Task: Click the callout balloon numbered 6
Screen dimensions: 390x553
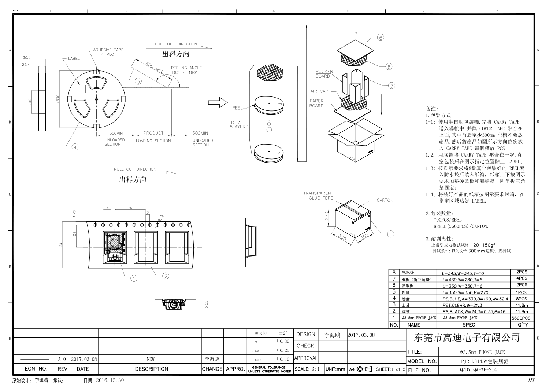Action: point(381,37)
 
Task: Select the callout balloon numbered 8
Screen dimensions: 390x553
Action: point(389,66)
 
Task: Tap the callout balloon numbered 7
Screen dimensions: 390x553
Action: point(392,85)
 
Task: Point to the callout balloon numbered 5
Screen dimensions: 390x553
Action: point(391,234)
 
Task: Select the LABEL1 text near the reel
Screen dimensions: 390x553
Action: point(75,59)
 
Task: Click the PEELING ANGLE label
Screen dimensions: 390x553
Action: point(186,68)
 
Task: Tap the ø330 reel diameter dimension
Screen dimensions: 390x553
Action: point(58,99)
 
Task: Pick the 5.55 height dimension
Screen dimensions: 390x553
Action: point(206,305)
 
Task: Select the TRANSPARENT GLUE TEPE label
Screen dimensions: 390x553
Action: point(318,196)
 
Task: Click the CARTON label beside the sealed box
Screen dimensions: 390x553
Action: point(385,200)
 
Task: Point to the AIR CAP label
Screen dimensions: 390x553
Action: point(319,91)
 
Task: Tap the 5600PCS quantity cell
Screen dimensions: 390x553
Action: point(521,318)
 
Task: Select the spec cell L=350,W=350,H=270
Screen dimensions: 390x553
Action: point(465,293)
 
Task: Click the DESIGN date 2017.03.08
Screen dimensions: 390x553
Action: point(361,335)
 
